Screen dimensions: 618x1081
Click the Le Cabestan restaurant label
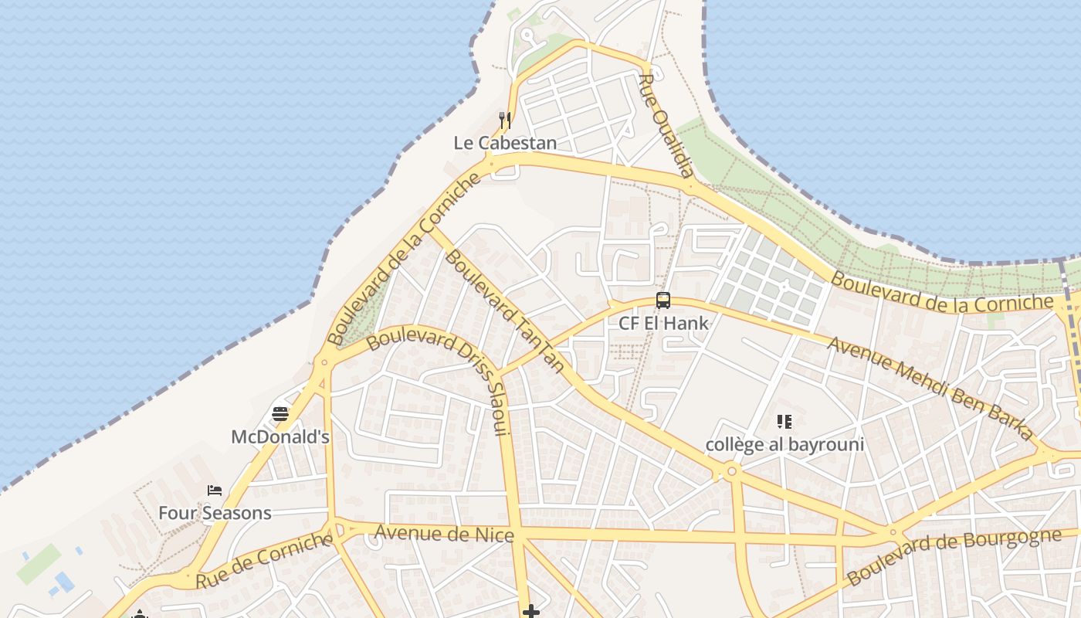point(504,143)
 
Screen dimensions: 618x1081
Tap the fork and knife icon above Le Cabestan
point(505,120)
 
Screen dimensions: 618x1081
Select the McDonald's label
point(280,436)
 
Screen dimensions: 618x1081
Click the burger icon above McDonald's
point(280,414)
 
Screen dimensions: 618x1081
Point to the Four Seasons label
point(215,513)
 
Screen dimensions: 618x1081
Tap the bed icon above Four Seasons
point(215,491)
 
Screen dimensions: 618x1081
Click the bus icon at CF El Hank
point(663,301)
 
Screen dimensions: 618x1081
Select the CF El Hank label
point(663,323)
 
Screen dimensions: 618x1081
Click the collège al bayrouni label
point(784,444)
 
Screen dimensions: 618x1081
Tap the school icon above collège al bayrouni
point(784,422)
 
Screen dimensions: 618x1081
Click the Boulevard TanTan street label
point(504,310)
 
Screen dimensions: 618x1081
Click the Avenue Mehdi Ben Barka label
point(930,388)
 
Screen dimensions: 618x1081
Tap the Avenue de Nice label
point(444,533)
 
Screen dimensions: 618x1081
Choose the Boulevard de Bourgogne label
point(953,556)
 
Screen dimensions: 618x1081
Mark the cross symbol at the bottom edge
point(530,612)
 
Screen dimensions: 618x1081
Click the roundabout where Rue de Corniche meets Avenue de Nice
point(337,530)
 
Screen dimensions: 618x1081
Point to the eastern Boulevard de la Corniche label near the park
point(942,293)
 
